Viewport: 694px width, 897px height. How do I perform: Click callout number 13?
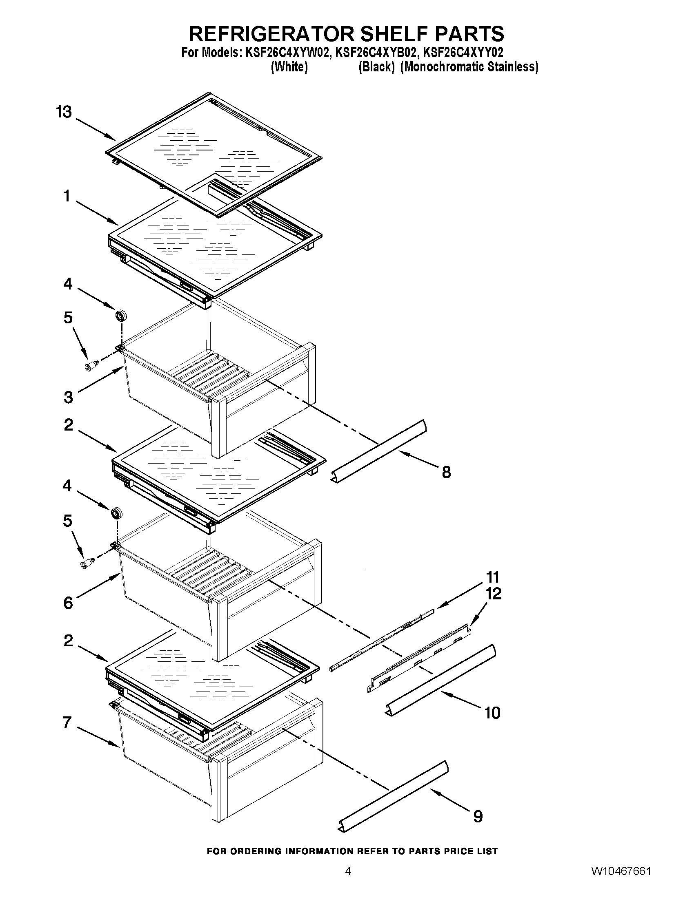[64, 112]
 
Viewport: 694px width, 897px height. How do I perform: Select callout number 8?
[446, 472]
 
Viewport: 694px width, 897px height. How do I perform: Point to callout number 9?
[478, 816]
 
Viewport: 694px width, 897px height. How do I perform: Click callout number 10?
[492, 713]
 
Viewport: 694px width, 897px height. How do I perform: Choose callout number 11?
[493, 577]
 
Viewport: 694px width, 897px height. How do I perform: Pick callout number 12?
[494, 594]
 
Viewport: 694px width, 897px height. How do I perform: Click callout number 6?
[68, 603]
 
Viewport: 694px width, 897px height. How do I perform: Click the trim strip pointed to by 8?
[379, 451]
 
